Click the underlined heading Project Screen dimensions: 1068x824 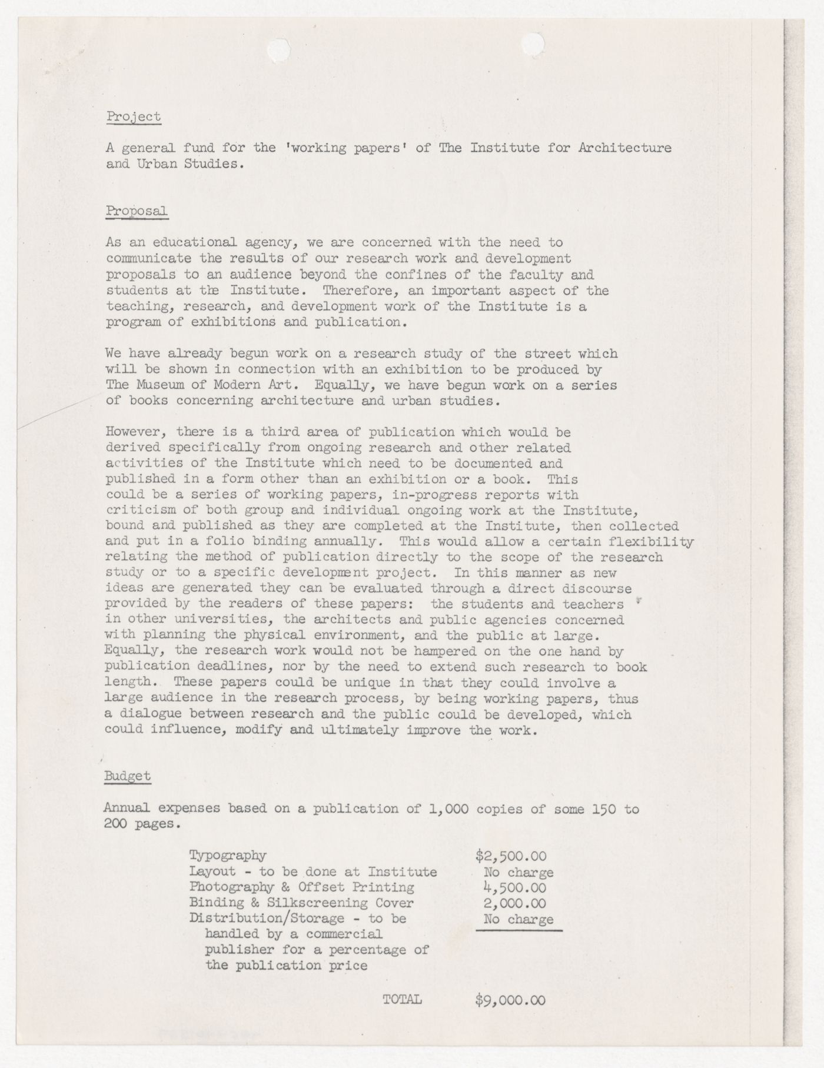point(134,117)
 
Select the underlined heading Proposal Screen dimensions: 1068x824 point(137,211)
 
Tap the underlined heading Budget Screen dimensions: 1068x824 point(128,776)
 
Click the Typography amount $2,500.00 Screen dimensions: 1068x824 point(510,856)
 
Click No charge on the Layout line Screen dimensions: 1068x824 point(518,872)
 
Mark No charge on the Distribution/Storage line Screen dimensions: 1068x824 point(518,919)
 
